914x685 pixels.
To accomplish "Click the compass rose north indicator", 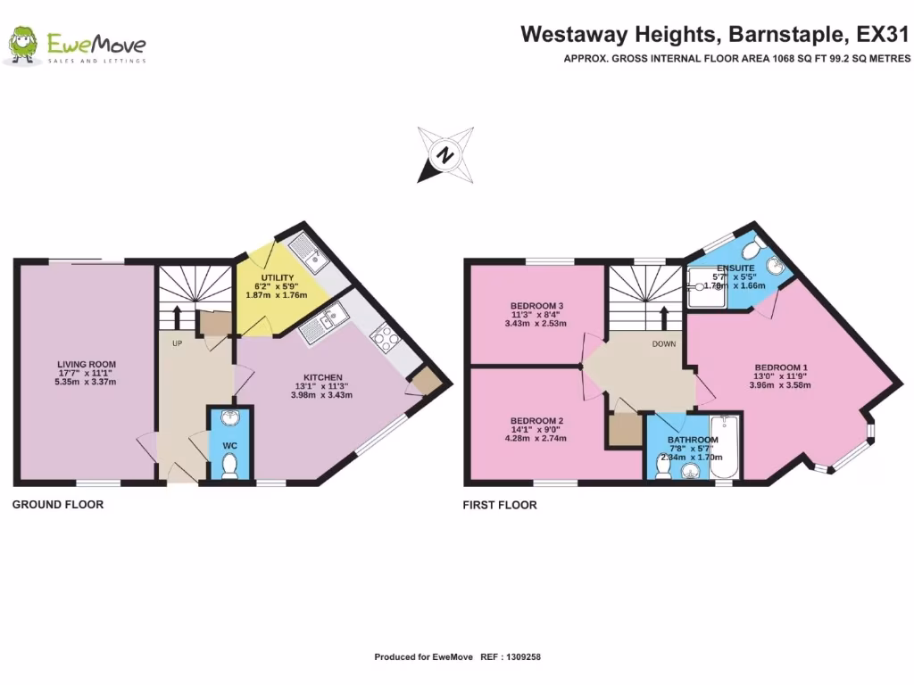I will point(444,155).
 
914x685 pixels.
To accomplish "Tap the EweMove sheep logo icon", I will point(21,45).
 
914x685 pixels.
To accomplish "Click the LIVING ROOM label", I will point(87,364).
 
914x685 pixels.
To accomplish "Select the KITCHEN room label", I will point(322,377).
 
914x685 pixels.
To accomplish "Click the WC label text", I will point(229,444).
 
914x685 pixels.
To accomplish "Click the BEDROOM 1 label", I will point(781,367).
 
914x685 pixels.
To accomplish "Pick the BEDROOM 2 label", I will point(536,421).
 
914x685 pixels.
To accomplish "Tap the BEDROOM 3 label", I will point(536,306).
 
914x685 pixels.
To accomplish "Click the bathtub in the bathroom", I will point(725,446).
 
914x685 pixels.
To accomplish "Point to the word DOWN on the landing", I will point(663,343).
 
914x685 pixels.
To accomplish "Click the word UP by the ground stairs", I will point(178,342).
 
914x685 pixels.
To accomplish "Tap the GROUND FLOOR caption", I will point(58,505).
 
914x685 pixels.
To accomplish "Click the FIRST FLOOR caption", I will point(500,505).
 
